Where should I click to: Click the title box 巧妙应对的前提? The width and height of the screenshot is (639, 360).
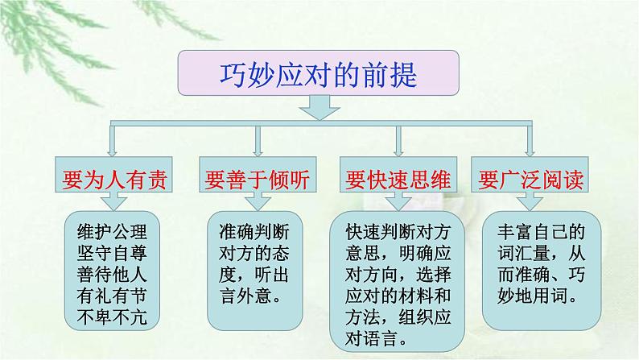319,74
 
